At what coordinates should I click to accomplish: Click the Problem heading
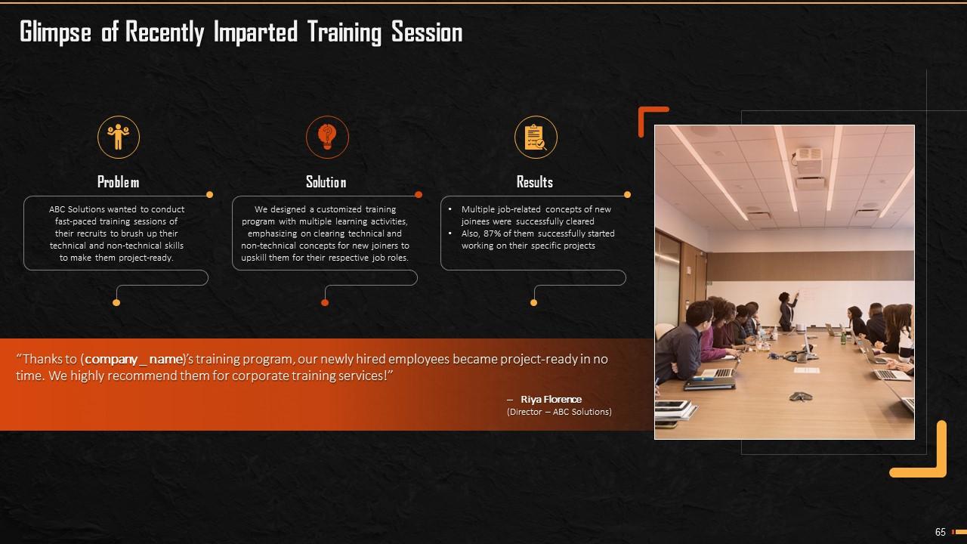pos(119,182)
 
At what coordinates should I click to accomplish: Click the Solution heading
pos(326,182)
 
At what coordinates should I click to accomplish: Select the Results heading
pos(535,182)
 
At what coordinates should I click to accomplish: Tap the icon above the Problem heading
pos(119,138)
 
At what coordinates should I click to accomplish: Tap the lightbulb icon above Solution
pos(327,138)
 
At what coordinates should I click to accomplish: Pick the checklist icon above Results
pos(536,138)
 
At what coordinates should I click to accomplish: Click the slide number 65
pos(941,532)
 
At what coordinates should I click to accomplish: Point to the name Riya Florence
pos(551,399)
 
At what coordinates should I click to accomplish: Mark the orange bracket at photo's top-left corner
pos(648,117)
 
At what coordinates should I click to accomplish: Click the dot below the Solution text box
pos(325,302)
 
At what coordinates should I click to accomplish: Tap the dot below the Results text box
pos(533,302)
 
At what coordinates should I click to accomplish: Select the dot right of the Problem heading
pos(210,194)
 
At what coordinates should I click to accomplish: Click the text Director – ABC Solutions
pos(559,412)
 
